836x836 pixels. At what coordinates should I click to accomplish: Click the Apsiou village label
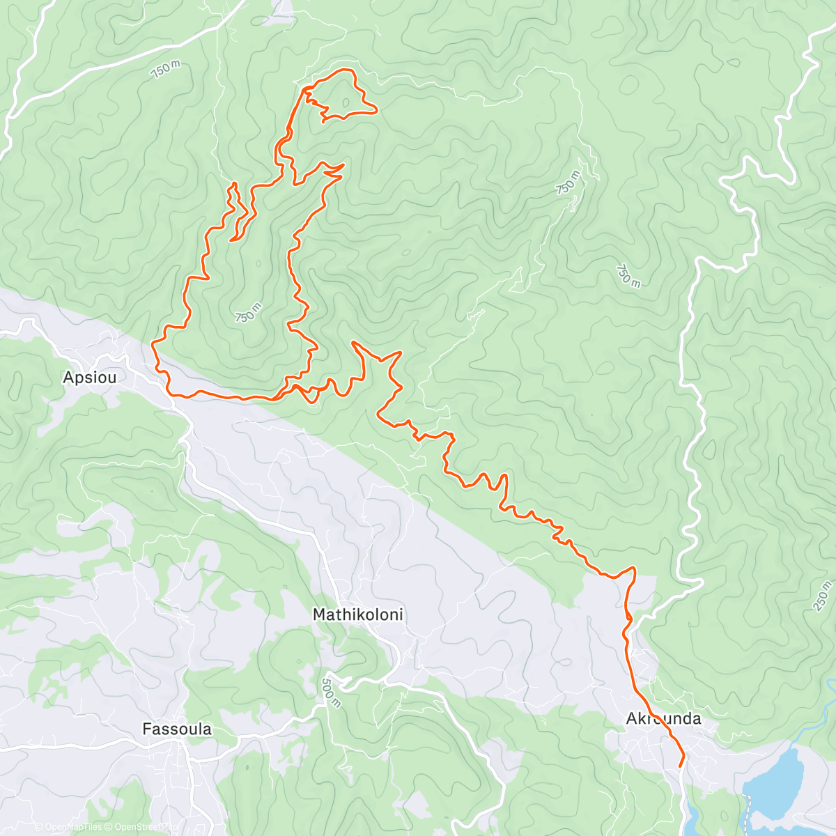pyautogui.click(x=89, y=378)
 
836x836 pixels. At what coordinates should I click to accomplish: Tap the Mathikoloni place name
pyautogui.click(x=358, y=615)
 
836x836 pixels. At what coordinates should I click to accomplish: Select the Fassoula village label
pyautogui.click(x=177, y=729)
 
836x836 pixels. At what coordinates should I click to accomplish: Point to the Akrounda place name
pyautogui.click(x=663, y=718)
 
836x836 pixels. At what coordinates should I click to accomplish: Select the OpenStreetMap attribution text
pyautogui.click(x=144, y=827)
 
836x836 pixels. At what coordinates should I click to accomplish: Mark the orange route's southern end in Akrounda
pyautogui.click(x=681, y=766)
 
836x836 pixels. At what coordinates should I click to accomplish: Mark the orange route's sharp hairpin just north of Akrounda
pyautogui.click(x=634, y=569)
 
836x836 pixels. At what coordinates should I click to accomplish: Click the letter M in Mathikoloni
pyautogui.click(x=320, y=615)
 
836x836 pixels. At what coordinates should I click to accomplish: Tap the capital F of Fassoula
pyautogui.click(x=146, y=729)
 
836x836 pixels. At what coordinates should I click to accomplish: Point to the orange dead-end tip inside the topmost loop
pyautogui.click(x=323, y=121)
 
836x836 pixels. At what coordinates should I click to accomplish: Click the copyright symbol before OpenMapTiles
pyautogui.click(x=39, y=827)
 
